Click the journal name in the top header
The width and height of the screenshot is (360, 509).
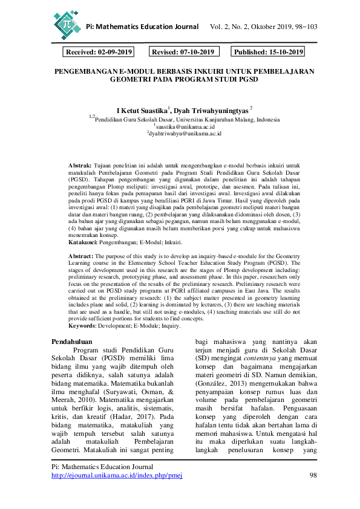tap(142, 27)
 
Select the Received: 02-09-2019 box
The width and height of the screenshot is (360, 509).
tap(99, 53)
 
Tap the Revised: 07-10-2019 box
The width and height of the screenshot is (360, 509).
tap(183, 53)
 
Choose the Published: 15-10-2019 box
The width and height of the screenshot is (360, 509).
tap(269, 53)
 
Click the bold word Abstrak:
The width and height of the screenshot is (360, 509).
tap(80, 164)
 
